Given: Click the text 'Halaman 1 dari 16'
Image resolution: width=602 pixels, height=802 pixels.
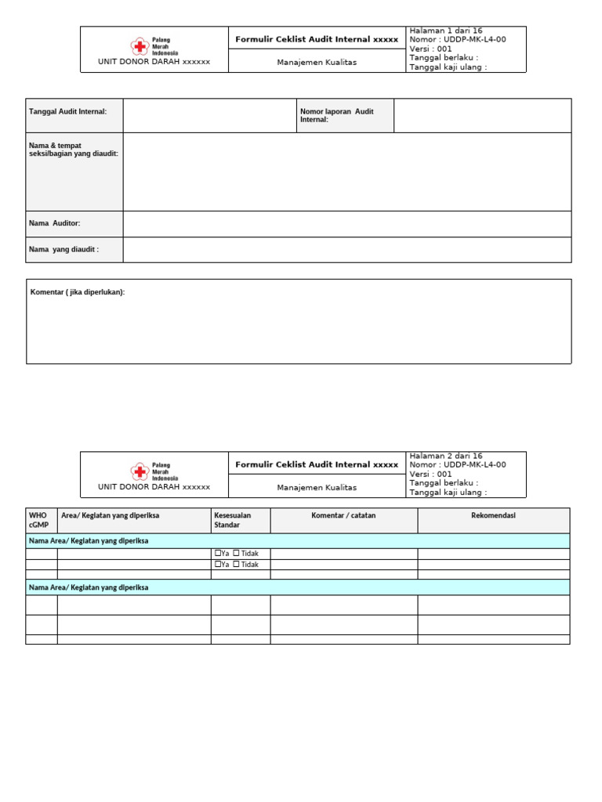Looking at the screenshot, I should tap(445, 31).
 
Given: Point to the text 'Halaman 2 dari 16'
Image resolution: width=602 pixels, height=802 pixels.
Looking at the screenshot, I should tap(445, 456).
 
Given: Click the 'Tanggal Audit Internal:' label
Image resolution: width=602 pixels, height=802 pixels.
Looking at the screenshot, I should tap(67, 112).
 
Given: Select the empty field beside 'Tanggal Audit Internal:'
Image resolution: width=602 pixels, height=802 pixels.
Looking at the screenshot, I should tap(209, 115).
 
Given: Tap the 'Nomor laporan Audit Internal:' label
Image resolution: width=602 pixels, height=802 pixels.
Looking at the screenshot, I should tap(337, 115).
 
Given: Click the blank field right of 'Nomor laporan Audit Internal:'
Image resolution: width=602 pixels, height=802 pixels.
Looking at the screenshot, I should tap(482, 115).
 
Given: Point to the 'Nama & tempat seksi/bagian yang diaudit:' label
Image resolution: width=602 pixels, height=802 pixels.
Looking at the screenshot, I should tap(73, 150).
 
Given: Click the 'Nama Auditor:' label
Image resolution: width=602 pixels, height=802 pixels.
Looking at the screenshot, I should tap(55, 224).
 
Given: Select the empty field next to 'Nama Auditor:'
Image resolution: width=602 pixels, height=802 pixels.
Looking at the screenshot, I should tap(346, 224).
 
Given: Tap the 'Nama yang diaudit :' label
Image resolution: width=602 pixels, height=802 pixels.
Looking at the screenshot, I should tap(64, 250).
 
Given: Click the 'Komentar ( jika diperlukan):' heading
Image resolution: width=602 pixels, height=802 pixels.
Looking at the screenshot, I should tap(78, 292).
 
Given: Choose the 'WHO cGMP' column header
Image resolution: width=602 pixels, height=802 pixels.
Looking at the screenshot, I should tap(38, 520).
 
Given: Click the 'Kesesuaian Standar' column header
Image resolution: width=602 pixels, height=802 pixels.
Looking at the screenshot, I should tap(233, 520).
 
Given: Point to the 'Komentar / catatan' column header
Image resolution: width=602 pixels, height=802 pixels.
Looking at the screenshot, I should tap(343, 515).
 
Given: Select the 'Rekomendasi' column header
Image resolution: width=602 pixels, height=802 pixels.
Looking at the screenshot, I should tap(493, 515).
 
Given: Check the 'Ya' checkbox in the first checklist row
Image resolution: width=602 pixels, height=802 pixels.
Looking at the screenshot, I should tap(218, 554).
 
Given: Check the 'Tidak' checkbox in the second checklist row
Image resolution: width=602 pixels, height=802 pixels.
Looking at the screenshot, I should tap(237, 565).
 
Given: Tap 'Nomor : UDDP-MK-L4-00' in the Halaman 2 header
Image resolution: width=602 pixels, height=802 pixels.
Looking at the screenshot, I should tap(457, 464).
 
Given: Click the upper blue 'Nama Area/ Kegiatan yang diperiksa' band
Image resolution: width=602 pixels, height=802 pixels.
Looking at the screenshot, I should tap(298, 541).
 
